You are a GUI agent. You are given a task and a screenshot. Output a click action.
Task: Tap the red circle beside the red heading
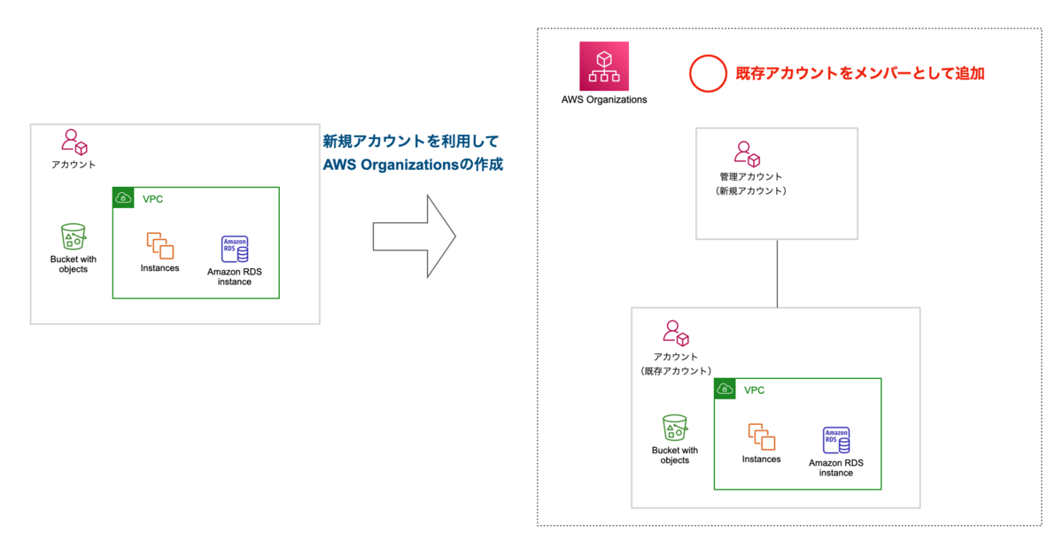coord(707,74)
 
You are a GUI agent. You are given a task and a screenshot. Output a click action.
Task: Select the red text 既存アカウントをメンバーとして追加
coord(859,74)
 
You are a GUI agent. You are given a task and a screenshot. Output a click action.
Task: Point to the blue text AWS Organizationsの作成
coord(413,165)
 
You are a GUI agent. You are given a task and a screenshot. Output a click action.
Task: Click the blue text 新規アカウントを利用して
coord(411,141)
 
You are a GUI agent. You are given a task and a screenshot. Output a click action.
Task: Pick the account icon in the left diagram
coord(74,142)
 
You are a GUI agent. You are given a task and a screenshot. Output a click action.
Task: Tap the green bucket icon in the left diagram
coord(74,237)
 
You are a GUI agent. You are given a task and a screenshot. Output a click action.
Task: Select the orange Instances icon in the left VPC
coord(159,245)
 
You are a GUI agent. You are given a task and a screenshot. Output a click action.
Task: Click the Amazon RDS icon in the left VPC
coord(235,250)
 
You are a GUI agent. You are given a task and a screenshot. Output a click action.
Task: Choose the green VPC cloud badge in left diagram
coord(124,198)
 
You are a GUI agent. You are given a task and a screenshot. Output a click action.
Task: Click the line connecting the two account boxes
coord(777,274)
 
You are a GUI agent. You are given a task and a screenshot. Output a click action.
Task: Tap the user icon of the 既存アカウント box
coord(676,333)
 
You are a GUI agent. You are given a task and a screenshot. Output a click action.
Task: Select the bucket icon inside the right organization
coord(675,429)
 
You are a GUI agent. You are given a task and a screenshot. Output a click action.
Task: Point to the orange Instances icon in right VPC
coord(762,437)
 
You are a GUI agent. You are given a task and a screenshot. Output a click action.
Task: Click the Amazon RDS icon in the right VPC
coord(837,441)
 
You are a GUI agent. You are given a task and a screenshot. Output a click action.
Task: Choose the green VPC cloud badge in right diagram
coord(725,390)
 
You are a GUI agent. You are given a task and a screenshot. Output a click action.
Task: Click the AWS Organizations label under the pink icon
coord(604,100)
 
